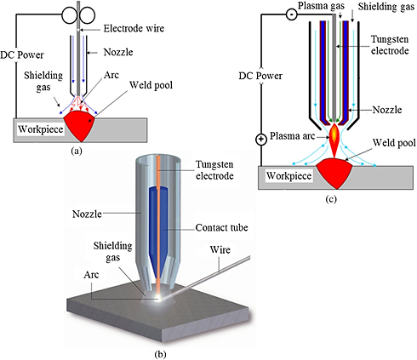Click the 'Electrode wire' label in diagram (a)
click(x=134, y=28)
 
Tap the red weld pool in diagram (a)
click(x=81, y=125)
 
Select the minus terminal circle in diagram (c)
click(x=291, y=14)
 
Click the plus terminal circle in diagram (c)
click(x=261, y=140)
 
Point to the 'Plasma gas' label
click(x=321, y=6)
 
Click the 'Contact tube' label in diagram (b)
click(x=221, y=227)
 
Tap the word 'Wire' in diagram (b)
click(x=220, y=249)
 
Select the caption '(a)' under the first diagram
click(x=77, y=151)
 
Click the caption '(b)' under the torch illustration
click(x=160, y=354)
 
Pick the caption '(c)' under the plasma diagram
click(x=331, y=199)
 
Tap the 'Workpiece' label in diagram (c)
click(x=288, y=176)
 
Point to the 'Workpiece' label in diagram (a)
click(x=41, y=129)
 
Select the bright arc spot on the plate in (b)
click(x=159, y=298)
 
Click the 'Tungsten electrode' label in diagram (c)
click(x=390, y=45)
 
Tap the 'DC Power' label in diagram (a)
click(x=22, y=54)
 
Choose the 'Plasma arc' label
click(x=292, y=136)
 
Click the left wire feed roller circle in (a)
click(x=70, y=15)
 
